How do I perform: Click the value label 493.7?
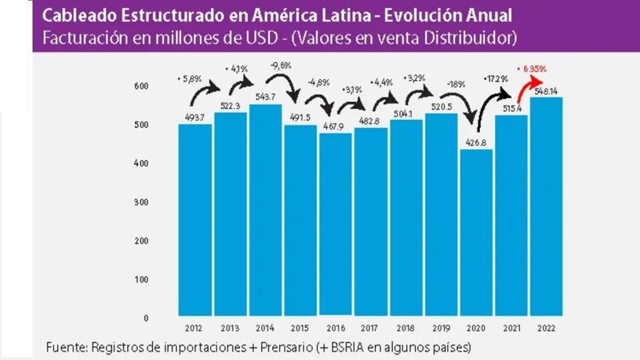(194, 117)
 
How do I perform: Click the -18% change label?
(456, 83)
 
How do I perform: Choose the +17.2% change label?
(495, 79)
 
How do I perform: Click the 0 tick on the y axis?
(145, 318)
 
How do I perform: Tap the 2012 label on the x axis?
(194, 327)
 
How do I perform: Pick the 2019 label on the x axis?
(441, 327)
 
